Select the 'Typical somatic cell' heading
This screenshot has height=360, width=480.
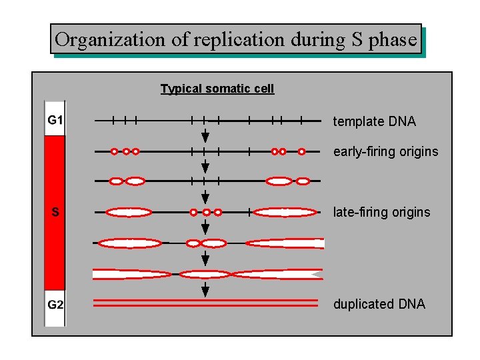pyautogui.click(x=217, y=89)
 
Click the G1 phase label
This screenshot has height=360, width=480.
pyautogui.click(x=55, y=120)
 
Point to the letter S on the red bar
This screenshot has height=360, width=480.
pyautogui.click(x=55, y=213)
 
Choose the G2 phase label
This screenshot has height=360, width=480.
pyautogui.click(x=55, y=305)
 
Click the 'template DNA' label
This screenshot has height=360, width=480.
pyautogui.click(x=374, y=121)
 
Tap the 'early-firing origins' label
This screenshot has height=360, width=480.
pyautogui.click(x=385, y=151)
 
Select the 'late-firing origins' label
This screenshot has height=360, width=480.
pyautogui.click(x=381, y=213)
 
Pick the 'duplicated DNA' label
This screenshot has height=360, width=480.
pyautogui.click(x=379, y=305)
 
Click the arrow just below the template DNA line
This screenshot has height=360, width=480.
pyautogui.click(x=205, y=136)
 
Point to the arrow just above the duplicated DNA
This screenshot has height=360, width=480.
pyautogui.click(x=205, y=289)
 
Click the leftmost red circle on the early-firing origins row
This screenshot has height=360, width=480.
pyautogui.click(x=114, y=151)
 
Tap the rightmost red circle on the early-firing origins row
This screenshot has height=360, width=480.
pyautogui.click(x=301, y=151)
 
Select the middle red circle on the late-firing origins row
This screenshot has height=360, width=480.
pyautogui.click(x=206, y=213)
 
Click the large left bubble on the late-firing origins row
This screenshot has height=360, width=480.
pyautogui.click(x=129, y=213)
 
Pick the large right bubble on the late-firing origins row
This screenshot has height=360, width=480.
pyautogui.click(x=285, y=213)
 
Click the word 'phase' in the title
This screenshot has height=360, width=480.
pyautogui.click(x=393, y=40)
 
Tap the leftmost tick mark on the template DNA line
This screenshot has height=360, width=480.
pyautogui.click(x=113, y=121)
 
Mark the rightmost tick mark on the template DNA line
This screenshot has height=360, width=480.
pyautogui.click(x=301, y=121)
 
